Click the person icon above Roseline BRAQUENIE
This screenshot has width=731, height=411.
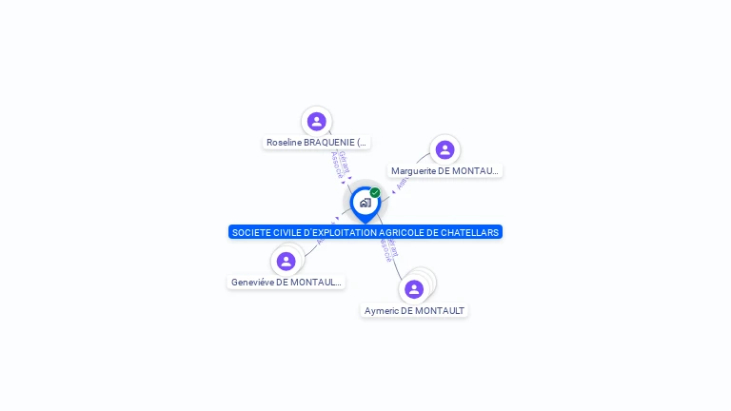pyautogui.click(x=316, y=121)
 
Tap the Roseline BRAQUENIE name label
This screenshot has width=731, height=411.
pyautogui.click(x=316, y=143)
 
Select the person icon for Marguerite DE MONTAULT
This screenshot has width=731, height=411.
pyautogui.click(x=445, y=149)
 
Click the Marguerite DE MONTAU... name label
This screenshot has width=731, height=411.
pyautogui.click(x=445, y=171)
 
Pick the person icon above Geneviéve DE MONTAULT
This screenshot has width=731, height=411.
pyautogui.click(x=286, y=261)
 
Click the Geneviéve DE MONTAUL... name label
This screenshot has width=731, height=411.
pyautogui.click(x=286, y=283)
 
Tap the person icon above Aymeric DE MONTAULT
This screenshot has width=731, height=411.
pyautogui.click(x=414, y=289)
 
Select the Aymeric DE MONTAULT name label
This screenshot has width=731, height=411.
pyautogui.click(x=414, y=311)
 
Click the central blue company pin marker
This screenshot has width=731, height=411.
pyautogui.click(x=365, y=204)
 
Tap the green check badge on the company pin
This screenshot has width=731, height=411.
pyautogui.click(x=375, y=192)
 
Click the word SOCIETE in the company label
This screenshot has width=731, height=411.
pyautogui.click(x=251, y=232)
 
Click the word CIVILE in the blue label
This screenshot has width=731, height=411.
pyautogui.click(x=287, y=232)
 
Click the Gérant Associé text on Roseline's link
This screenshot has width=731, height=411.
pyautogui.click(x=340, y=164)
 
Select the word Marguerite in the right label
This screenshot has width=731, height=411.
pyautogui.click(x=413, y=171)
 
